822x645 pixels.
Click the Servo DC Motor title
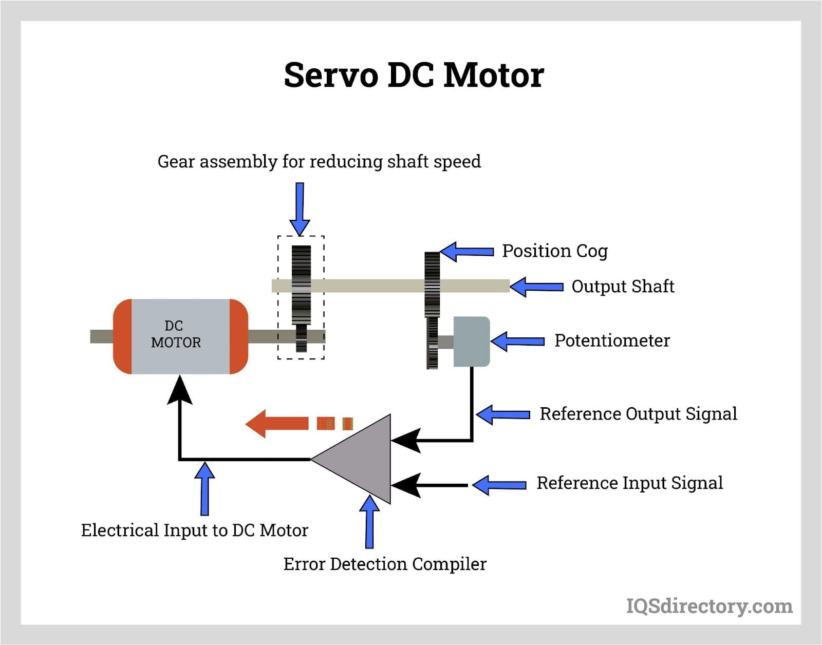(414, 75)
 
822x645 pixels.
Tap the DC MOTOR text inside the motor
(175, 334)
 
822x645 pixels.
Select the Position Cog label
(554, 251)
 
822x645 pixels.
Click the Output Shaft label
(623, 287)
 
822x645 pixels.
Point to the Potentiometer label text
(612, 340)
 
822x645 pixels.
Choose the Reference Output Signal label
(638, 414)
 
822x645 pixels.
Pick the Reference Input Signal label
(629, 483)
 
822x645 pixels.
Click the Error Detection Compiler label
(385, 564)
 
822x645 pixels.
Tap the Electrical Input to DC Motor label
(194, 530)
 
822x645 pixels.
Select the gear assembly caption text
(319, 162)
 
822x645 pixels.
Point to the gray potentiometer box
(471, 342)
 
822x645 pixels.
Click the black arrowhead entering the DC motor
(180, 390)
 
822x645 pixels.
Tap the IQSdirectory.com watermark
(709, 606)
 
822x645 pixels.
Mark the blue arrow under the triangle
(369, 521)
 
